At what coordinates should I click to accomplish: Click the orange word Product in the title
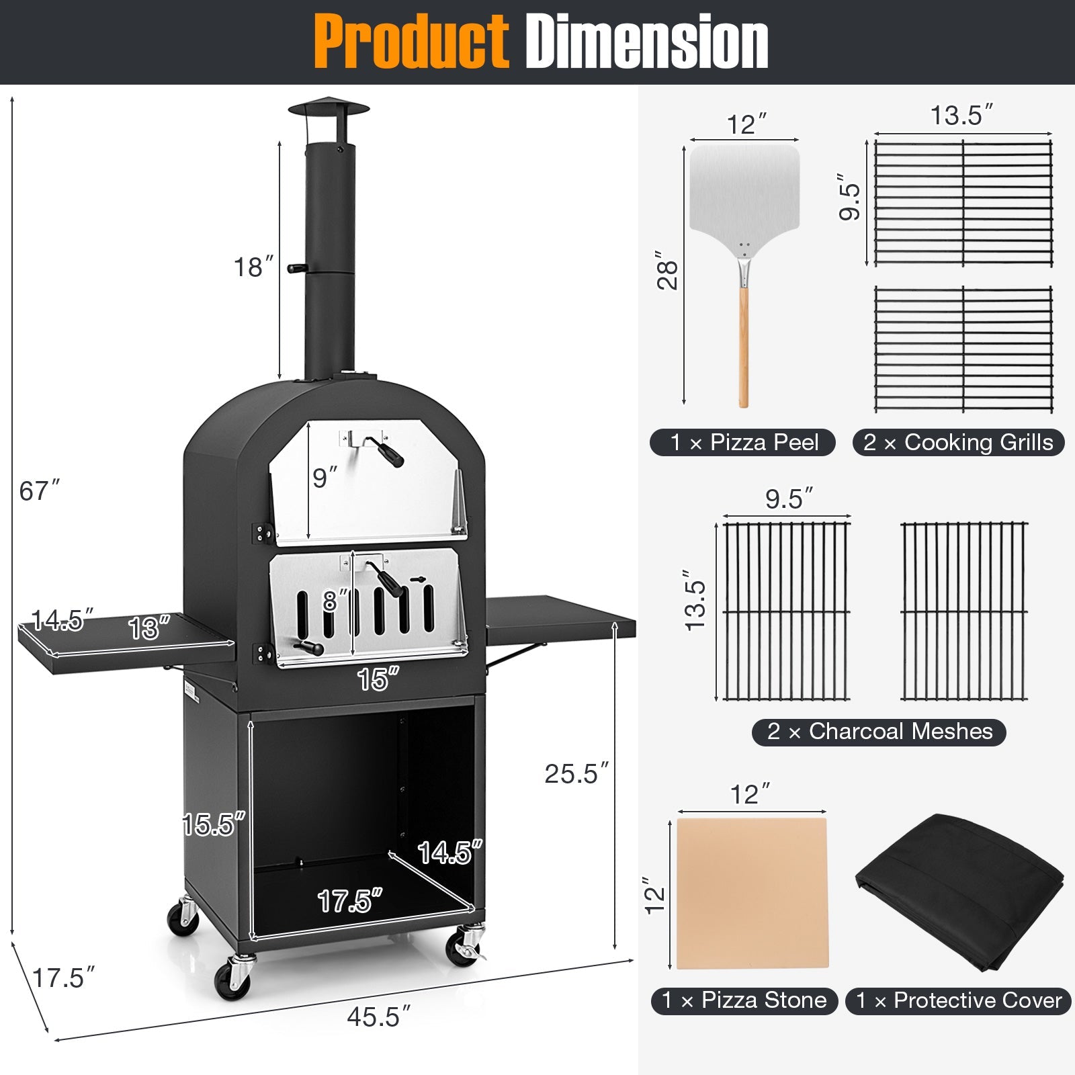coord(411,42)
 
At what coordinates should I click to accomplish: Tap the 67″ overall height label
coord(39,491)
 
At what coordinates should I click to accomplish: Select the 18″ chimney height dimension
coord(253,267)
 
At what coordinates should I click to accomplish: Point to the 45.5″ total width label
coord(378,1017)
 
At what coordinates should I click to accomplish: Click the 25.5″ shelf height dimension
coord(576,774)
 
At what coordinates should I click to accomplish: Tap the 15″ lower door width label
coord(378,679)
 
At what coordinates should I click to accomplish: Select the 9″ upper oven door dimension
coord(325,478)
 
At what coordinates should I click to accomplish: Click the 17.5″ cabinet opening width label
coord(349,901)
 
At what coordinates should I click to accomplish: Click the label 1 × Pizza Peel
coord(743,443)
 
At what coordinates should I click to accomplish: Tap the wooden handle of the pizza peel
coord(743,349)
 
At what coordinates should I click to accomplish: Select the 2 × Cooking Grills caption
coord(958,443)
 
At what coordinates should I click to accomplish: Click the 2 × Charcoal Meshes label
coord(879,732)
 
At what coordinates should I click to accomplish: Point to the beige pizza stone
coord(752,892)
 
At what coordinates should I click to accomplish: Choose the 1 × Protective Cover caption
coord(958,1001)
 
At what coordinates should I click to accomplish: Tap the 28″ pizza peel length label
coord(667,271)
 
